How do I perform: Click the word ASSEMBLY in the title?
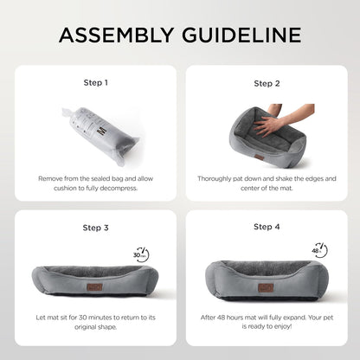116,35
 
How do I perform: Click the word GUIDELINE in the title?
241,35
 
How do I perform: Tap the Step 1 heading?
96,83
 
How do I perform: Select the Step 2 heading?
267,84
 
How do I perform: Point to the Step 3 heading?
96,228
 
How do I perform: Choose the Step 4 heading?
267,227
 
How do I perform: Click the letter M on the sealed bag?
102,132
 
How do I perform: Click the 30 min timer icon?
141,254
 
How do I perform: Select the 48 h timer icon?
319,250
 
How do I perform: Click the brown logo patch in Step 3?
95,287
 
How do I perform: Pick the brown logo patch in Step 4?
266,287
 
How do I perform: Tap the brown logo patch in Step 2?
259,157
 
